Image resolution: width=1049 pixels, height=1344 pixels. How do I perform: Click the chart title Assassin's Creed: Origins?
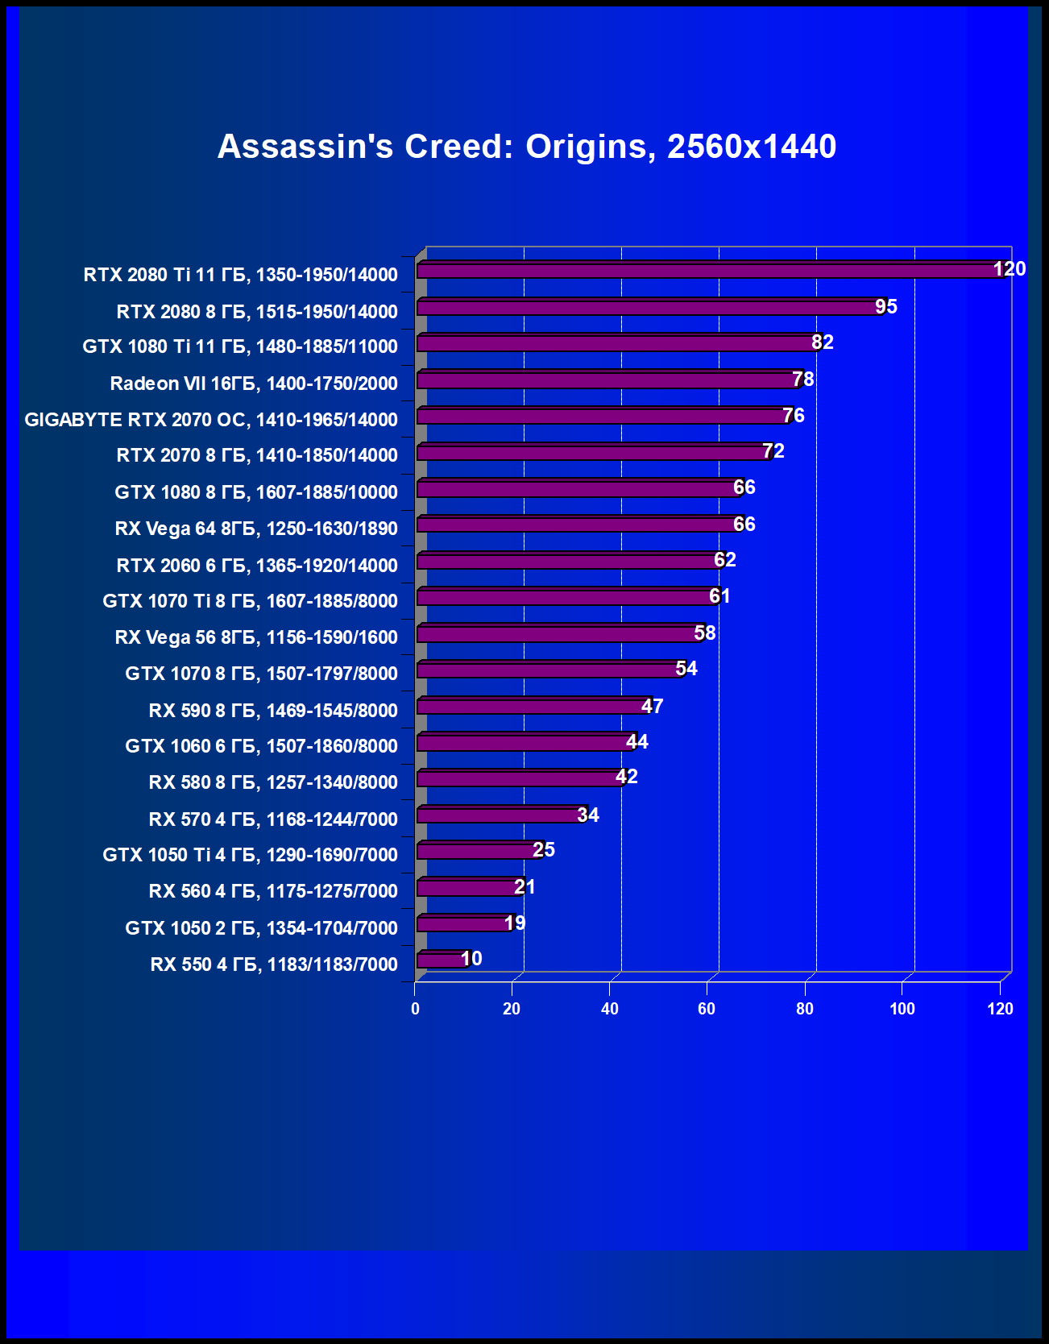(x=527, y=147)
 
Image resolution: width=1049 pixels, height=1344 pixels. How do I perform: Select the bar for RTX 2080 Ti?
(x=709, y=270)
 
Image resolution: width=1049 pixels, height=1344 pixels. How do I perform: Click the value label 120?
(x=1010, y=269)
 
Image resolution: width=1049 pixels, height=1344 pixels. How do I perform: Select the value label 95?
(x=886, y=307)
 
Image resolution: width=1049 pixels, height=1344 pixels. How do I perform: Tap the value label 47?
(x=652, y=707)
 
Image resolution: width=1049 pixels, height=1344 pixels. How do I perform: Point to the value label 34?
(x=588, y=815)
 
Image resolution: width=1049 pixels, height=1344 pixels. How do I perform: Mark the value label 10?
(x=471, y=959)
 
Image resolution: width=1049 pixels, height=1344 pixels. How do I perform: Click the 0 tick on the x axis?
(x=415, y=1009)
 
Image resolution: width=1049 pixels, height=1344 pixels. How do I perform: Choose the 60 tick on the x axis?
(x=707, y=1009)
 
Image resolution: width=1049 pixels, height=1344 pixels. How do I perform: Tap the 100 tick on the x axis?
(x=902, y=1009)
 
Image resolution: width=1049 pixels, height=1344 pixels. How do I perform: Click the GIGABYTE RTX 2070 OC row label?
(x=211, y=420)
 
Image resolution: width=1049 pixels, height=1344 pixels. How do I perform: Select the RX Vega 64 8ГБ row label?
(x=256, y=529)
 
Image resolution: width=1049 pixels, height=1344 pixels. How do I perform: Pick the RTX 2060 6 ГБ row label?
(x=257, y=566)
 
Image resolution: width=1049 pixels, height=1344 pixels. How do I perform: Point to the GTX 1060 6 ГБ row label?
(x=261, y=746)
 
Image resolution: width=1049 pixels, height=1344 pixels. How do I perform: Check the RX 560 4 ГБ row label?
(x=273, y=891)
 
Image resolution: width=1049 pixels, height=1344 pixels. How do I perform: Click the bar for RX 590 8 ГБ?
(x=532, y=707)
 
